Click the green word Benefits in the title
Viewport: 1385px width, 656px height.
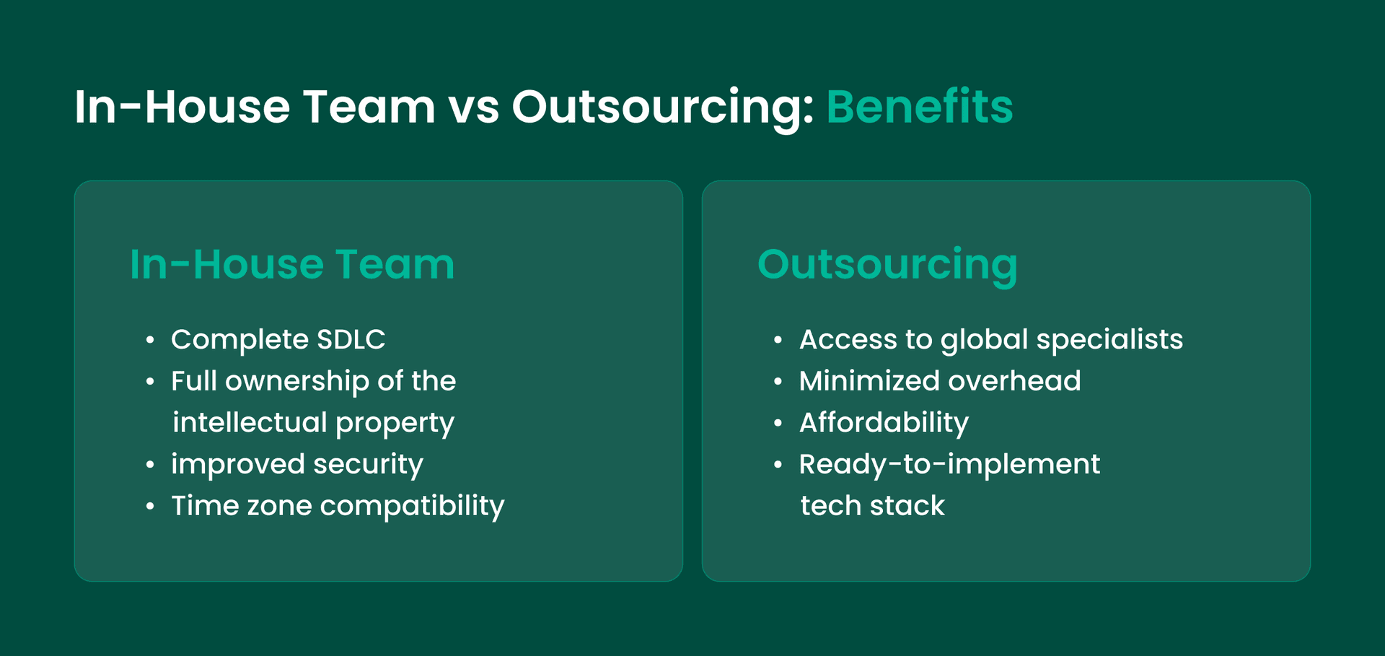coord(919,107)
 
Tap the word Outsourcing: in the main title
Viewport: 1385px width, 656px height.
coord(662,107)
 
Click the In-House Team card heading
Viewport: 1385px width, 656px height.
coord(292,264)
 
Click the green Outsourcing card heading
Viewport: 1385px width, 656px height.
coord(887,264)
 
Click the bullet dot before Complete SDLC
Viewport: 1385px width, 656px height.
coord(150,340)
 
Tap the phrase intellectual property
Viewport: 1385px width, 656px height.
coord(313,423)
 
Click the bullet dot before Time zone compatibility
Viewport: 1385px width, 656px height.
coord(150,507)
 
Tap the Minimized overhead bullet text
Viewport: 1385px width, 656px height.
coord(940,381)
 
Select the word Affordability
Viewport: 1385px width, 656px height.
coord(884,423)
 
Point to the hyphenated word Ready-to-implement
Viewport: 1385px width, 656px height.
coord(949,464)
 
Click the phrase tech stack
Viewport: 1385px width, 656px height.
coord(872,506)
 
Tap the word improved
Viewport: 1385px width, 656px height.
coord(237,464)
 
